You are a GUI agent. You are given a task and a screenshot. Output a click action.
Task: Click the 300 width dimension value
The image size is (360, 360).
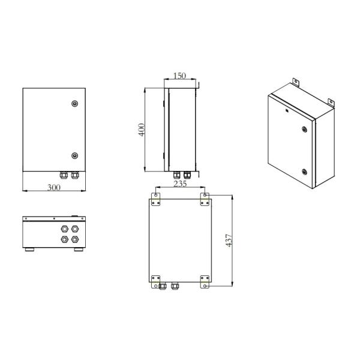pos(54,187)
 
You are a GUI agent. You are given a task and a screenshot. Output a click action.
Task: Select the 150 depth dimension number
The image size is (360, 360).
pos(179,76)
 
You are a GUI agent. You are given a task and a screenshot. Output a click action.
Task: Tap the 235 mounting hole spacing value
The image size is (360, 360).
pos(179,184)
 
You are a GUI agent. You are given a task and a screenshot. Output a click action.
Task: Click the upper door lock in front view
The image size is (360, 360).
pos(74,103)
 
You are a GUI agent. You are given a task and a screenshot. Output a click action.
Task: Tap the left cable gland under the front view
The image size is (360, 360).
pos(63,175)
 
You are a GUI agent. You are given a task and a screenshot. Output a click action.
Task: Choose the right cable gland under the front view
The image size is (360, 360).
pos(75,175)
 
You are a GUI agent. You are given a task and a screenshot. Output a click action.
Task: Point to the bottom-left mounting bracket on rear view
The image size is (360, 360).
pos(156,281)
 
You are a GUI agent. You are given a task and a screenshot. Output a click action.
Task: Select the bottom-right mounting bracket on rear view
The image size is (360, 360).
pos(205,281)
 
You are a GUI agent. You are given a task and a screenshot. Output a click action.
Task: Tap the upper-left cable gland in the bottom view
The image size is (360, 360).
pos(64,229)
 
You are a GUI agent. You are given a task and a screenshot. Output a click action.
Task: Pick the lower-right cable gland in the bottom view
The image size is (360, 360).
pos(76,239)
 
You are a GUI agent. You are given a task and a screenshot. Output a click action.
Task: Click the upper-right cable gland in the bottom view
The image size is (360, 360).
pos(76,229)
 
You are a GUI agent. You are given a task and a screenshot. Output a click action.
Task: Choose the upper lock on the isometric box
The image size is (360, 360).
pos(304,128)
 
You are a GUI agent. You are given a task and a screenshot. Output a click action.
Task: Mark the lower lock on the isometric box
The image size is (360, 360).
pos(305,172)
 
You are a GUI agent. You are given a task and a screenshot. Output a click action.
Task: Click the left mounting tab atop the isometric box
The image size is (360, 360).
pos(295,82)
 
